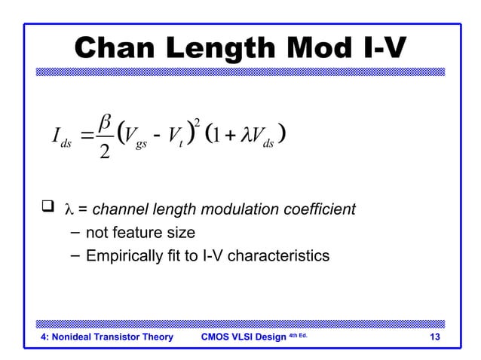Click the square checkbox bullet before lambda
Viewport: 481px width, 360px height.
coord(47,207)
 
